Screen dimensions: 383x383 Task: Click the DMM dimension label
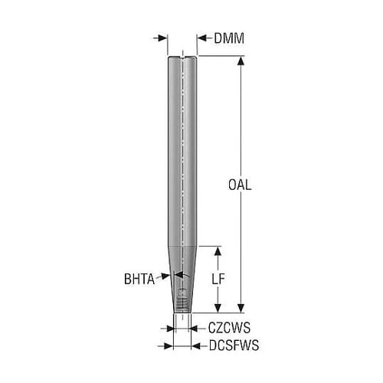(x=229, y=38)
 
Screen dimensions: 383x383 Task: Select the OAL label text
(x=240, y=185)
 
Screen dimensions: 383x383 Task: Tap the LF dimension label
(x=218, y=280)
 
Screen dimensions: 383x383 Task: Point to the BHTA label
(x=139, y=279)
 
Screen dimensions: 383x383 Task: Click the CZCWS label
(x=229, y=328)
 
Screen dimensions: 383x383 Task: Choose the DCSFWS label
(x=234, y=345)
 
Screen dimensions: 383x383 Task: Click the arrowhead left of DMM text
(x=201, y=38)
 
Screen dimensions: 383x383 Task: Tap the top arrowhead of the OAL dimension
(x=241, y=61)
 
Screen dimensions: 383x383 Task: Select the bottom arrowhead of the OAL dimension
(x=241, y=308)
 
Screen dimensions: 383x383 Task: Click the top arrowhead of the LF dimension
(x=218, y=251)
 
